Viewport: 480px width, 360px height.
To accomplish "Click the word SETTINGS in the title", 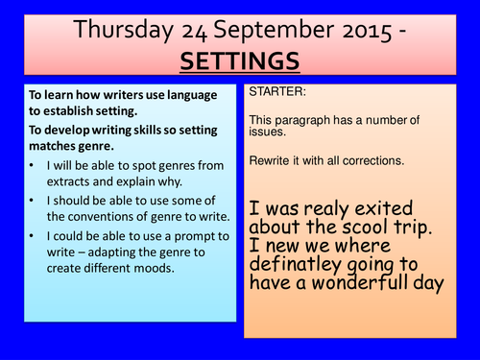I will (239, 60).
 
